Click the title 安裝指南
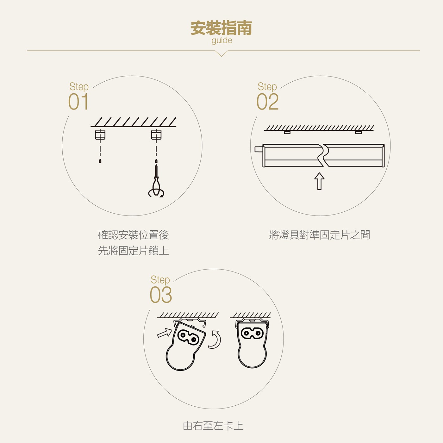[x=221, y=28]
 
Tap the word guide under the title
[x=222, y=41]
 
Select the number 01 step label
[x=78, y=102]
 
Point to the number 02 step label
[x=267, y=102]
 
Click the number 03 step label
[x=161, y=295]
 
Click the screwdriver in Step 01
[x=156, y=182]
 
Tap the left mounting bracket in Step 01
[x=100, y=135]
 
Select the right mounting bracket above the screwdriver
[x=156, y=135]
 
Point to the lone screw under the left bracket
[x=100, y=161]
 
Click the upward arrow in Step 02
[x=319, y=181]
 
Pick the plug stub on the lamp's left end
[x=259, y=149]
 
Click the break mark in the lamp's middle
[x=323, y=155]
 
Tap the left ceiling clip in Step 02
[x=287, y=132]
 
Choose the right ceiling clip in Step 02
[x=359, y=132]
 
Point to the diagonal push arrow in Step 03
[x=165, y=333]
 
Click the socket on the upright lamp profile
[x=252, y=333]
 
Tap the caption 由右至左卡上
[x=213, y=426]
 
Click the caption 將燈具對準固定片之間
[x=320, y=235]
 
